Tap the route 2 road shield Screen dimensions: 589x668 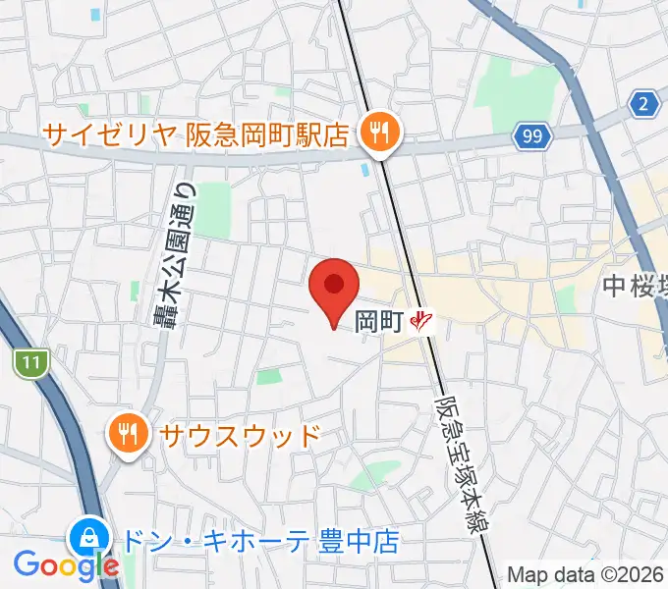644,103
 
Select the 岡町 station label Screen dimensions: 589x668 378,320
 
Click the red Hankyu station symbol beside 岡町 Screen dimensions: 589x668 423,320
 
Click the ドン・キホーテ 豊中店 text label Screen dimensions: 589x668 259,541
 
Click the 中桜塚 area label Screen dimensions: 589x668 635,287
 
